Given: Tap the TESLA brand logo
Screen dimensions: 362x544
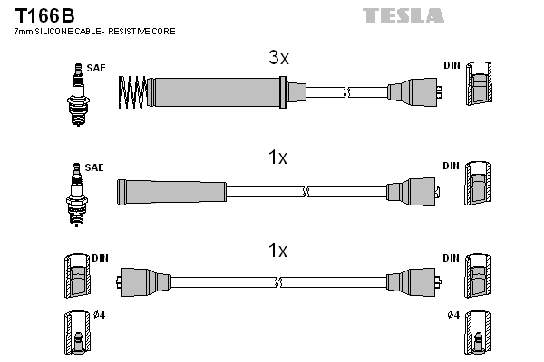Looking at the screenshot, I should coord(403,15).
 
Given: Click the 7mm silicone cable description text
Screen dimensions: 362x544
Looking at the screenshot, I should coord(95,32).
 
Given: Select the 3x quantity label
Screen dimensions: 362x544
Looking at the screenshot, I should coord(278,59).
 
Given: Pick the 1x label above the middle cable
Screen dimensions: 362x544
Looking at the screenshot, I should coord(278,157).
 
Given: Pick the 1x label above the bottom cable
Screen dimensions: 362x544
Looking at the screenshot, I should coord(278,250).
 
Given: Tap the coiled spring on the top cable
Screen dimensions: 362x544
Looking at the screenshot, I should coord(133,91).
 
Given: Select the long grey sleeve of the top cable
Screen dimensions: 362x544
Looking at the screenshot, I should coord(218,91).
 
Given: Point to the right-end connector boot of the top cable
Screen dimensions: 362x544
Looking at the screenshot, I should coord(413,91).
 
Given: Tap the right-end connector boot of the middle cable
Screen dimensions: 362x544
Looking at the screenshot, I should coord(413,192).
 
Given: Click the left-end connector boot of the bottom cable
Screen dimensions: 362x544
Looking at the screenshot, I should coord(146,281).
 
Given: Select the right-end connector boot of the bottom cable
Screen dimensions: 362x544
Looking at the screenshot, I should coord(413,281).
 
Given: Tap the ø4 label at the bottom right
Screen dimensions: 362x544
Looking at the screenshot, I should coord(453,315).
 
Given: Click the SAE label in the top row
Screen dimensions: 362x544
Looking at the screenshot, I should coord(95,67).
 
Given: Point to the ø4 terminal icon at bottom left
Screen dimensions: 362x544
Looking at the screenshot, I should coord(78,333).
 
